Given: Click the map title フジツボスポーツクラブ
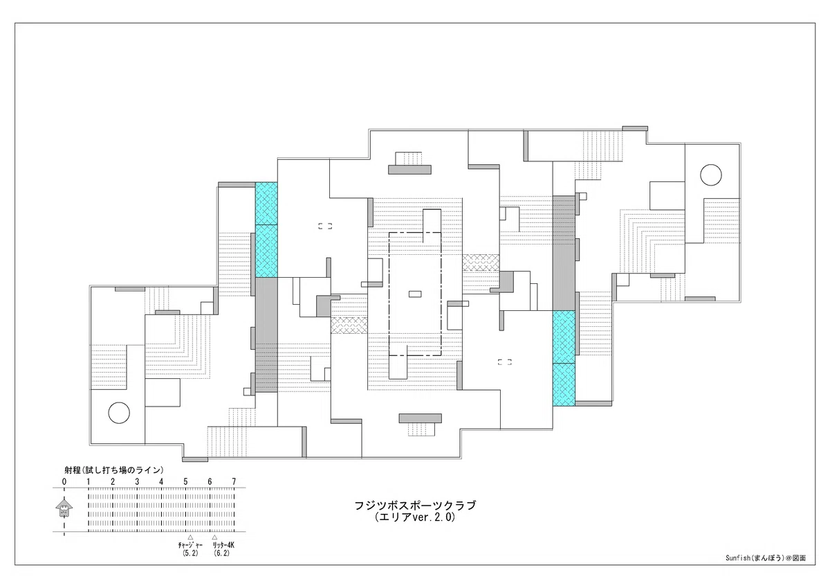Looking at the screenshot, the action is pos(415,506).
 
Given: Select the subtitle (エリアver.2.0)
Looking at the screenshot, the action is pos(415,517).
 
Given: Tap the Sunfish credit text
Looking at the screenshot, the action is pos(766,558).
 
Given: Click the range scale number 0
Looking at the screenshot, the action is pos(64,481).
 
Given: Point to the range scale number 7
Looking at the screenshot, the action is pos(234,481).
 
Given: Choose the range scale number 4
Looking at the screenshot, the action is pos(161,481).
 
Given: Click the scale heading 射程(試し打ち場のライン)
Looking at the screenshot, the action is pos(113,470).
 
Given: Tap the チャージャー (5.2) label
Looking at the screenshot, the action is pos(190,549).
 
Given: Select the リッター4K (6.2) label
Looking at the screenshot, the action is pos(222,549).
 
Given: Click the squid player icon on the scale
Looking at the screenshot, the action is pos(64,507).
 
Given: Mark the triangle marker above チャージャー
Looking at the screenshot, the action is pos(190,537).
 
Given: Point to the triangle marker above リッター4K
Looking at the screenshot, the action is pos(214,537).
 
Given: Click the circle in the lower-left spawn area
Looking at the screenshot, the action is pos(119,413).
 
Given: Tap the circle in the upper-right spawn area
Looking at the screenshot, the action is pos(711,175).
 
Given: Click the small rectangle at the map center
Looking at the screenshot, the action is pos(415,294).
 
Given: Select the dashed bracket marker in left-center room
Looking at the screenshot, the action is pos(325,226).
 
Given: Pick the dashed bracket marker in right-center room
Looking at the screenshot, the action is pos(505,362).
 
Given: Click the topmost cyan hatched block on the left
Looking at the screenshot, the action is pos(266,204).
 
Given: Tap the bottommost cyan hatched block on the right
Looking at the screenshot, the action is pos(564,384).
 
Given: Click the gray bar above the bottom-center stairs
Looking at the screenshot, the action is pos(421,418).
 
